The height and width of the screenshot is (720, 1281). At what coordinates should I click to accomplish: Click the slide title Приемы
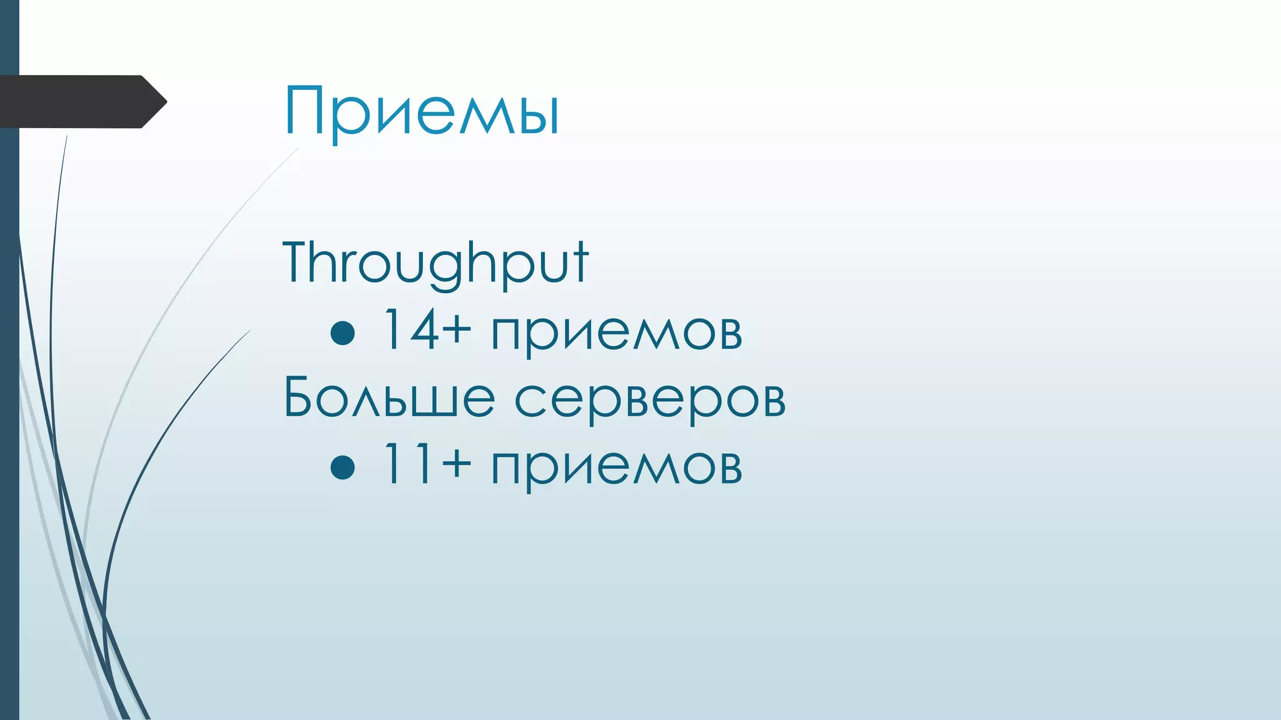[422, 111]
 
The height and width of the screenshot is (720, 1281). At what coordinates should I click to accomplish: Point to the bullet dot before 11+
[343, 466]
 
